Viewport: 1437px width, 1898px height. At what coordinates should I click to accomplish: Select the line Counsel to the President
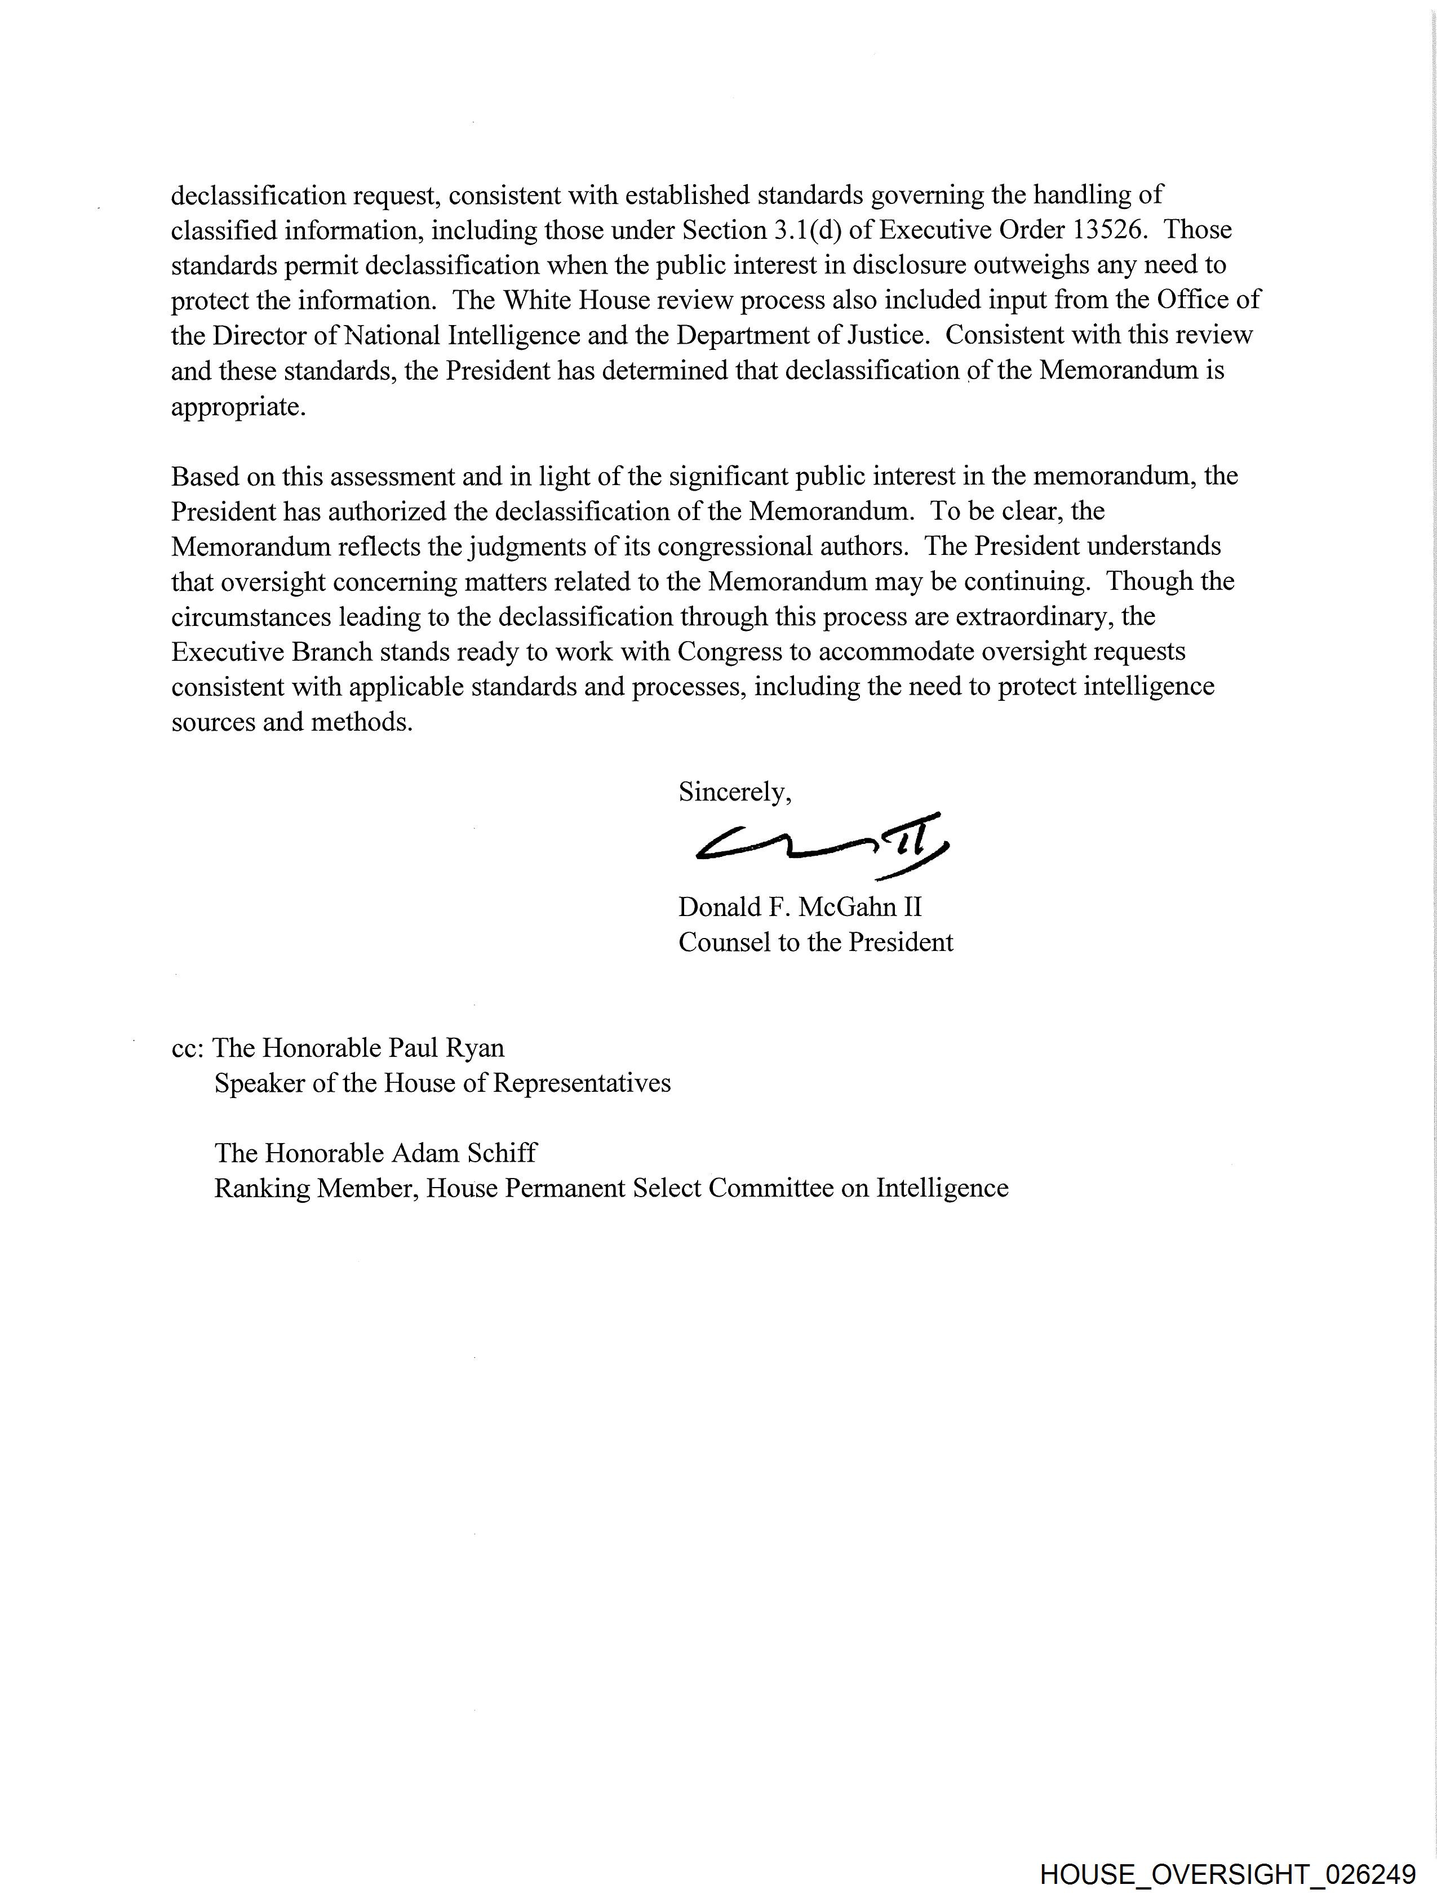815,942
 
